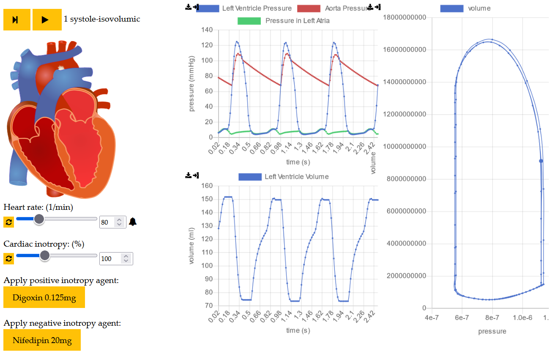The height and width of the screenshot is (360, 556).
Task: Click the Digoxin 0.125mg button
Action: point(44,297)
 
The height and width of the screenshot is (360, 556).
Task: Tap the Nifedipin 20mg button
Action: point(42,341)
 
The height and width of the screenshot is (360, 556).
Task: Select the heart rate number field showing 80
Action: point(107,222)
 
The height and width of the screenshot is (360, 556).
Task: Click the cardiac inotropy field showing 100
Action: point(110,258)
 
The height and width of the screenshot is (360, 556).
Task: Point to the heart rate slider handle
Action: point(39,219)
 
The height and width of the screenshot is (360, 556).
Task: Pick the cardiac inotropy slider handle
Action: point(44,255)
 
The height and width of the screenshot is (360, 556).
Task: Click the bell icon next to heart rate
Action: point(133,222)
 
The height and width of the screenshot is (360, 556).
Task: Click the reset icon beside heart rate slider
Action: point(8,222)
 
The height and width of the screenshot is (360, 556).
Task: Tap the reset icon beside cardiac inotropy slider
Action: point(8,258)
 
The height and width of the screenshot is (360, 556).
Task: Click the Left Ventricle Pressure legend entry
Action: point(244,8)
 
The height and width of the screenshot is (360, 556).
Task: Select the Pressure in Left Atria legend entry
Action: point(283,20)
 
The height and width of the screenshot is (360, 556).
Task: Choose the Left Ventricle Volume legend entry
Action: point(283,176)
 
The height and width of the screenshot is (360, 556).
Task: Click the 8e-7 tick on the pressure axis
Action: point(492,317)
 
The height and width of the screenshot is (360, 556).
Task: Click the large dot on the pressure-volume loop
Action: point(541,161)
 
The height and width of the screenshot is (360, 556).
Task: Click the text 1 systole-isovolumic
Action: point(102,19)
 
